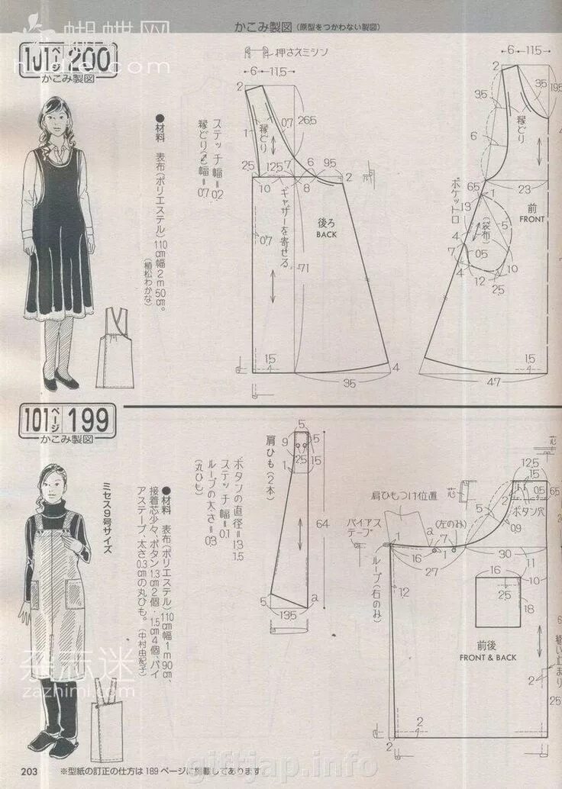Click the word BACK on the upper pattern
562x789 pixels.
[x=326, y=235]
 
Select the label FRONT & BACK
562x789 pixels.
[x=488, y=657]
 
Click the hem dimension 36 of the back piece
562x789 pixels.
[x=350, y=382]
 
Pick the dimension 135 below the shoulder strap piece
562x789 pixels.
[x=287, y=616]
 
